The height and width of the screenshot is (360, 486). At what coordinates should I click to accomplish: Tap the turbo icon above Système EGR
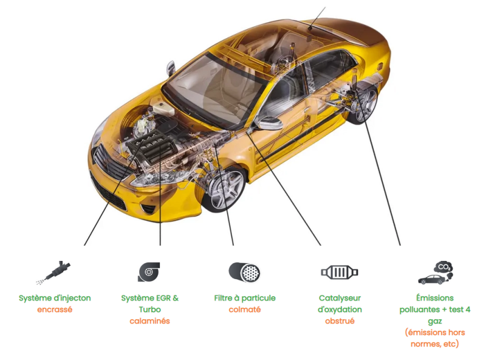pyautogui.click(x=149, y=271)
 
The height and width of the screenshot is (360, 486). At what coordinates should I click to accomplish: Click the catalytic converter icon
pyautogui.click(x=340, y=272)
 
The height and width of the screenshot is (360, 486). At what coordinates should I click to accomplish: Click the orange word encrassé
pyautogui.click(x=55, y=310)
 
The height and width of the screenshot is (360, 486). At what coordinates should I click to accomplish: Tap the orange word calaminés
pyautogui.click(x=149, y=321)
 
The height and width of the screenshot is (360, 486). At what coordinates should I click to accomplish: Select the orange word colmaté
pyautogui.click(x=245, y=310)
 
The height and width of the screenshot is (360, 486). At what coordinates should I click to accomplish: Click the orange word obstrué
pyautogui.click(x=340, y=321)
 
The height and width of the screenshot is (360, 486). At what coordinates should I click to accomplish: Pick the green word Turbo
pyautogui.click(x=149, y=310)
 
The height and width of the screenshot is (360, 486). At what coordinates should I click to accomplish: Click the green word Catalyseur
pyautogui.click(x=340, y=298)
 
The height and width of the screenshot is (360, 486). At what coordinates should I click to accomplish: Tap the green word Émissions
pyautogui.click(x=435, y=298)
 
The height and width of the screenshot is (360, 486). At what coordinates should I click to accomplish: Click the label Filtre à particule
pyautogui.click(x=245, y=298)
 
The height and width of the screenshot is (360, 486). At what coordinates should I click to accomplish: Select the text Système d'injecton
pyautogui.click(x=55, y=298)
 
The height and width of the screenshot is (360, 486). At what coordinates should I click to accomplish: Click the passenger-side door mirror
pyautogui.click(x=270, y=123)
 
